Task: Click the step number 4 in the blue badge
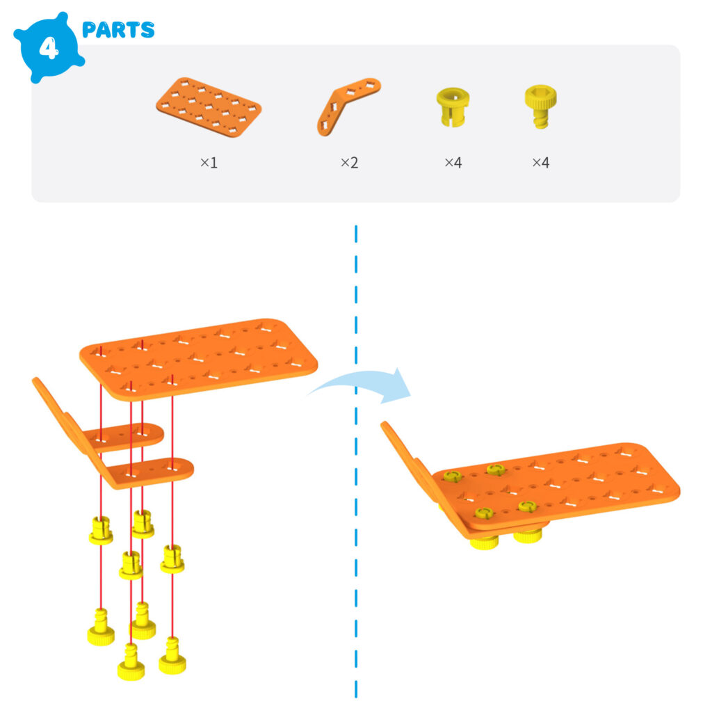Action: pos(47,49)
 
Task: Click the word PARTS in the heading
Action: pos(118,30)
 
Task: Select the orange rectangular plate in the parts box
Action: pos(208,109)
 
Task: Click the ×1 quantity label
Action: pos(209,163)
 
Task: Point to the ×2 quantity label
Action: pos(349,163)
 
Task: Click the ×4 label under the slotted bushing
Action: pos(453,163)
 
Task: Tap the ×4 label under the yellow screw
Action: pos(540,163)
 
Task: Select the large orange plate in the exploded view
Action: pos(209,355)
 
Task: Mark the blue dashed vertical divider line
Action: pos(356,487)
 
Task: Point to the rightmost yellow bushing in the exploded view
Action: pos(172,559)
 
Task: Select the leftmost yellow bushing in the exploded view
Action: pos(101,531)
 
